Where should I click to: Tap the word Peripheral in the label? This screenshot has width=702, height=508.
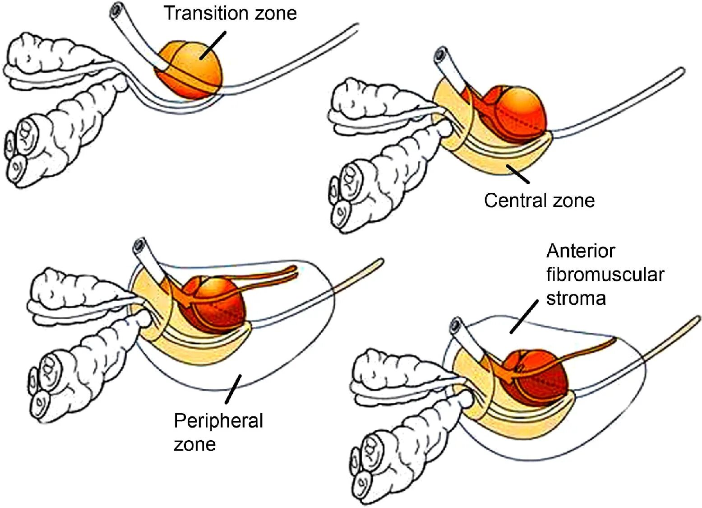pyautogui.click(x=218, y=421)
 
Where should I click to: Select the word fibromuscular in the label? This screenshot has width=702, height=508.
pyautogui.click(x=605, y=275)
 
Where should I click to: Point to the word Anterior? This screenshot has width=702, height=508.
pyautogui.click(x=581, y=251)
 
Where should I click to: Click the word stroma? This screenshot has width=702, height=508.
pyautogui.click(x=576, y=298)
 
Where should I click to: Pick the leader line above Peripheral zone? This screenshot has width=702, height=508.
pyautogui.click(x=233, y=389)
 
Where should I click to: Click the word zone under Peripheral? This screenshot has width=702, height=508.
pyautogui.click(x=194, y=444)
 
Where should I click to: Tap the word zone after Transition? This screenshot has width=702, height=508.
pyautogui.click(x=276, y=13)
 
